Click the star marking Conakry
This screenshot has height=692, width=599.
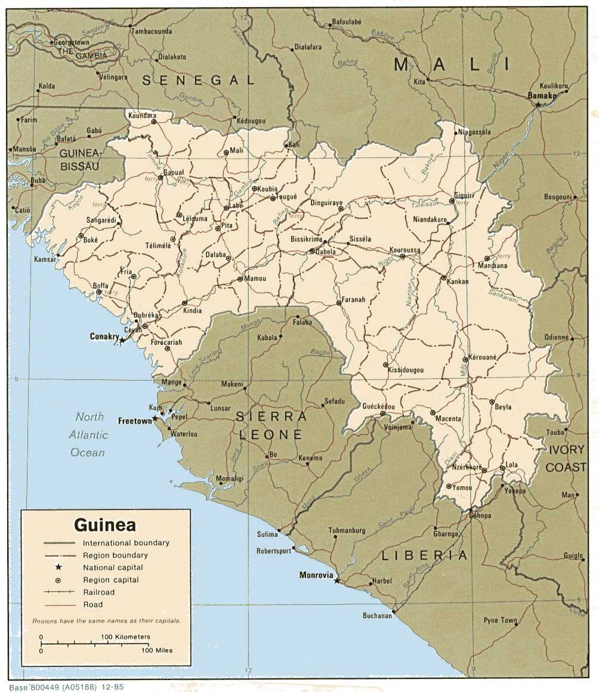(x=122, y=340)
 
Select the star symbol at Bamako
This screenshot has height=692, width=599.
(x=538, y=104)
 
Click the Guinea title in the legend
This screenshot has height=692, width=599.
(x=105, y=525)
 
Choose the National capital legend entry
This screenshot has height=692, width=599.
(x=113, y=567)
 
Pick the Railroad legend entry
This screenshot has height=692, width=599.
(x=98, y=592)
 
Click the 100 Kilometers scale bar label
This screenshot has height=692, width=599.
(x=125, y=637)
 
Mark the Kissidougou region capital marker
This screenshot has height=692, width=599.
(x=386, y=364)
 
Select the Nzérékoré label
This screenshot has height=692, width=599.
(x=467, y=467)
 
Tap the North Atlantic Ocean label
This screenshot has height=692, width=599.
(x=88, y=434)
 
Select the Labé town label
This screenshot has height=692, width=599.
(x=236, y=206)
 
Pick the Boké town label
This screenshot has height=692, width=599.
(x=90, y=240)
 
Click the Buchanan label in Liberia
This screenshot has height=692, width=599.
(x=377, y=616)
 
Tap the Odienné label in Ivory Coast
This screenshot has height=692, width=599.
(x=556, y=337)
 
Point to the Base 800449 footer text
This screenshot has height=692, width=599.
(x=66, y=687)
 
